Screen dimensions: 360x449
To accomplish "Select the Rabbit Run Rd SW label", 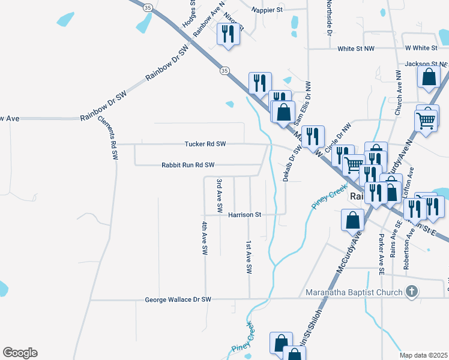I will click(187, 164).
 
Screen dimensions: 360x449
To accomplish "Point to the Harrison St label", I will click(244, 214).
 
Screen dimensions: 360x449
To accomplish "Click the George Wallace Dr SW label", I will click(179, 299).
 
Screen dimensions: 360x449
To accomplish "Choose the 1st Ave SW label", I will click(248, 257).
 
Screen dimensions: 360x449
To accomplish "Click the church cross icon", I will click(411, 292).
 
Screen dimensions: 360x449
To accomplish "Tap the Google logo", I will click(20, 353).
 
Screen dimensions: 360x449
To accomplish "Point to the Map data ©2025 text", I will click(424, 355).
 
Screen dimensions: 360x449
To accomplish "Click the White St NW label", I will click(356, 49).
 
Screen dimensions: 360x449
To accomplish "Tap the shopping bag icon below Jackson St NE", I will click(429, 77).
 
